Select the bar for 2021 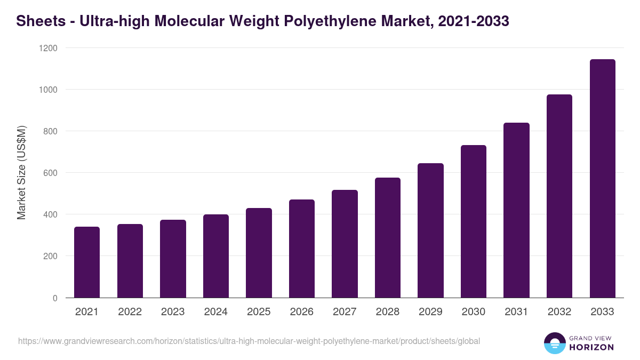pyautogui.click(x=87, y=262)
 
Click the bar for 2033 pyautogui.click(x=602, y=179)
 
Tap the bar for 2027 pyautogui.click(x=345, y=244)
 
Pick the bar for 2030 pyautogui.click(x=474, y=221)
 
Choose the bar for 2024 pyautogui.click(x=216, y=256)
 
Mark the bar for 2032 pyautogui.click(x=559, y=196)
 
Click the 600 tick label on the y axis pyautogui.click(x=50, y=173)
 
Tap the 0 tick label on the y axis pyautogui.click(x=55, y=298)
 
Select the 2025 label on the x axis pyautogui.click(x=259, y=312)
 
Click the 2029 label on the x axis pyautogui.click(x=430, y=312)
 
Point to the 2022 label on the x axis pyautogui.click(x=130, y=312)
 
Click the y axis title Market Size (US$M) pyautogui.click(x=21, y=172)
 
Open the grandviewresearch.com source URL pyautogui.click(x=249, y=341)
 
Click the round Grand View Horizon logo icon pyautogui.click(x=555, y=343)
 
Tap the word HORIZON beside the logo pyautogui.click(x=591, y=347)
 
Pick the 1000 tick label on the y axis pyautogui.click(x=47, y=90)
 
